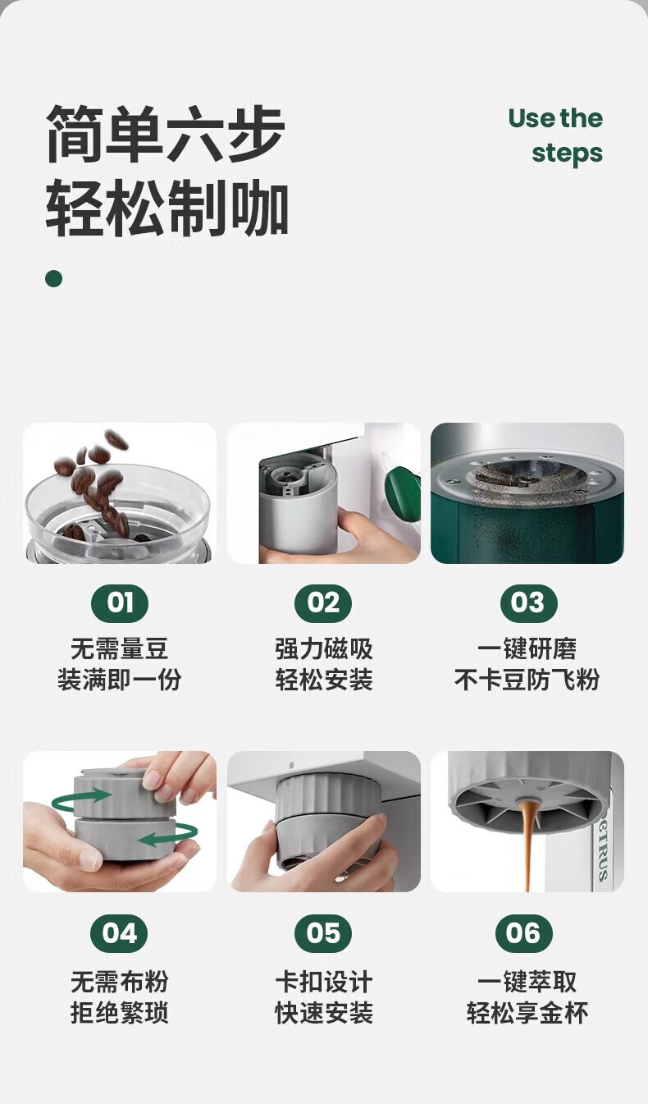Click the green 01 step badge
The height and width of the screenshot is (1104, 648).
point(120,602)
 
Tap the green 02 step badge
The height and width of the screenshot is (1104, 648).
point(323,602)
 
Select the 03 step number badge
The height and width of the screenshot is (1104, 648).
point(529,602)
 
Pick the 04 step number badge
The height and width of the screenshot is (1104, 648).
point(119,933)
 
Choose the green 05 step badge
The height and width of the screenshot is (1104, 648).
point(323,933)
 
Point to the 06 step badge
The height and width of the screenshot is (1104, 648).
point(524,933)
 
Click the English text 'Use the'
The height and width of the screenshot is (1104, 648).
point(555,119)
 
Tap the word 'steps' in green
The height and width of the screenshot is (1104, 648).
point(568,153)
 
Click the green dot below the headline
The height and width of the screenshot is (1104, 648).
point(53,278)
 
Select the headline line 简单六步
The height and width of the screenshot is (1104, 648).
point(166,134)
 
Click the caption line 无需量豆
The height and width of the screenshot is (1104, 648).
point(120,648)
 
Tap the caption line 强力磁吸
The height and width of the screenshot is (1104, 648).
point(323,648)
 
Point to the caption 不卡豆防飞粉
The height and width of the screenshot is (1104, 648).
point(527,680)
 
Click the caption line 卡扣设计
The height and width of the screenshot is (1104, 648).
point(323,982)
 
